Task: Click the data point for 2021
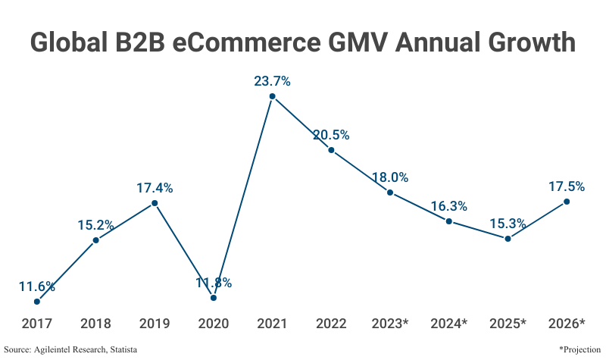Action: tap(272, 96)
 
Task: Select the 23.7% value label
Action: tap(272, 81)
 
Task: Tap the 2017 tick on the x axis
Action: tap(37, 324)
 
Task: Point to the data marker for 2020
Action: tap(214, 298)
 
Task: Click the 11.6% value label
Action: tap(37, 286)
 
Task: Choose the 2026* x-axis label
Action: tap(566, 324)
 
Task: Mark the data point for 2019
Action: tap(155, 203)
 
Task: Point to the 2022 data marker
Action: tap(331, 150)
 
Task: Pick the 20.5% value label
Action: tap(331, 135)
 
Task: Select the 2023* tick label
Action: tap(390, 324)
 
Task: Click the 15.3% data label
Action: tap(508, 224)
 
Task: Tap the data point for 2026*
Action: tap(566, 202)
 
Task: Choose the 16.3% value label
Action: tap(448, 206)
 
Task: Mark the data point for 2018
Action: tap(95, 240)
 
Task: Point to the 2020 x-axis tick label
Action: tap(214, 324)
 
